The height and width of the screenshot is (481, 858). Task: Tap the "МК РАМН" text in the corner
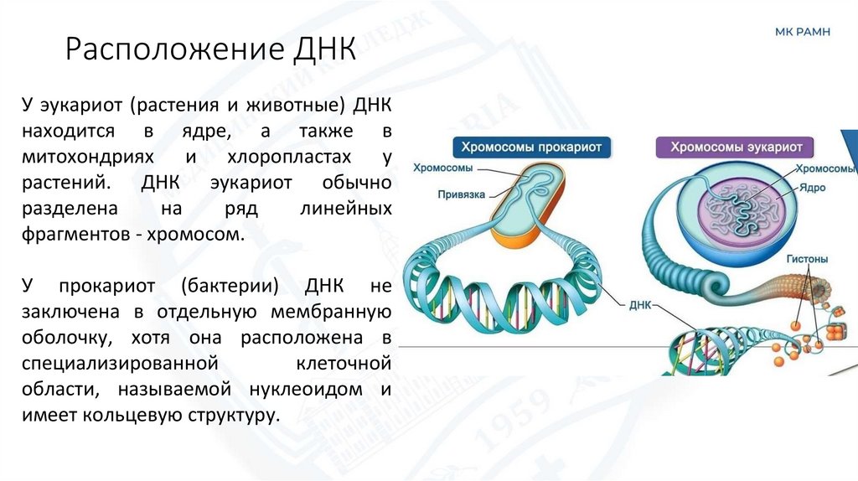pos(804,32)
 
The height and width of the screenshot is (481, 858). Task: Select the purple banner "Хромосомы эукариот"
pos(737,147)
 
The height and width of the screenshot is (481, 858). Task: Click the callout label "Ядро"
pos(813,188)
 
